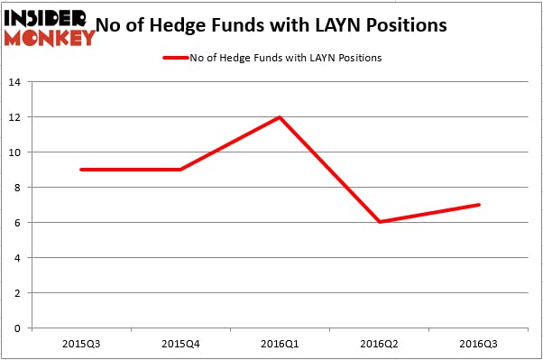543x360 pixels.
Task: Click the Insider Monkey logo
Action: click(50, 27)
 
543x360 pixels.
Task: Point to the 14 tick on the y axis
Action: click(15, 82)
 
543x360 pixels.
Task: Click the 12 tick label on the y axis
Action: click(15, 117)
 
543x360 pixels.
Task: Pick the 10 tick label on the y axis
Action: click(15, 152)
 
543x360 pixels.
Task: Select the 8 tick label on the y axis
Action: click(18, 188)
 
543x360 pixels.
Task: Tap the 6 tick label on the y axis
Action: click(18, 223)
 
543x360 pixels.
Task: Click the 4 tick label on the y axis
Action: click(18, 258)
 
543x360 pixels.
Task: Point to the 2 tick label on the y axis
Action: click(18, 293)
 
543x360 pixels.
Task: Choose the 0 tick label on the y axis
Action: click(18, 328)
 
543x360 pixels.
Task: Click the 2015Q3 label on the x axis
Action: click(82, 344)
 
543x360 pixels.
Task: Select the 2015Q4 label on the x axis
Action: click(181, 344)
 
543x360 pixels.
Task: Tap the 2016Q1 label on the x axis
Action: click(281, 344)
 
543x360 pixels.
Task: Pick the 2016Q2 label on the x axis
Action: click(380, 344)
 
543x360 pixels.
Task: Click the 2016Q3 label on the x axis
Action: click(479, 344)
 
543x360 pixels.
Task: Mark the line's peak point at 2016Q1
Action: click(281, 117)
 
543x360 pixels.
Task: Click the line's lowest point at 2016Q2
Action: click(380, 222)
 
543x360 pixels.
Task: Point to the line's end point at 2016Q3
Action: click(479, 205)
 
